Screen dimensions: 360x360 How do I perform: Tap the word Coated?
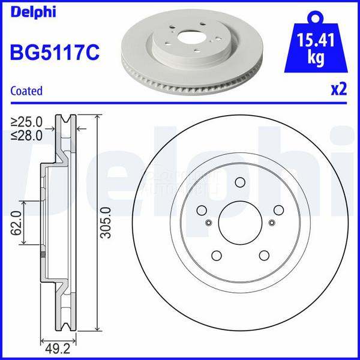[x=27, y=91]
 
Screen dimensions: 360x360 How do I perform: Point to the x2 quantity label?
[x=339, y=89]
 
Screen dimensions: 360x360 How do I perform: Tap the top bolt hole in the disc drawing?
[x=240, y=183]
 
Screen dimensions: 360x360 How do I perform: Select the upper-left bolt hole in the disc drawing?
[x=202, y=210]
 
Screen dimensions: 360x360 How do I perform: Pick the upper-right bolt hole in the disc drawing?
[x=278, y=210]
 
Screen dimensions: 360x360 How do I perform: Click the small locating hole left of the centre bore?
[x=208, y=223]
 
